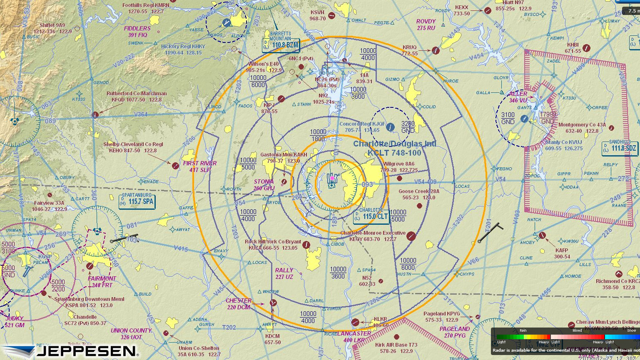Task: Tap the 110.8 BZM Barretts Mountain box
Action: coord(281,45)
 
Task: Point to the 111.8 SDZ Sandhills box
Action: coord(620,148)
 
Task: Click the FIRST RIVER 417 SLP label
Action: coord(200,166)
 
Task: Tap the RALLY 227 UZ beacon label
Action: coord(284,273)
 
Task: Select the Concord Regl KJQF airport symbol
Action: coord(390,127)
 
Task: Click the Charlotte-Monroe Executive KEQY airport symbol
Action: coord(411,236)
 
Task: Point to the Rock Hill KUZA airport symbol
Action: coord(307,245)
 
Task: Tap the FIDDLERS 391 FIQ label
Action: coord(137,32)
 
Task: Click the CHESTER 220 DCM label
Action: coord(239,304)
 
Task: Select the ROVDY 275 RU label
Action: coord(426,25)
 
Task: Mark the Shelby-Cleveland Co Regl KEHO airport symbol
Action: coord(175,166)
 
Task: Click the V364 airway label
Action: coord(141,114)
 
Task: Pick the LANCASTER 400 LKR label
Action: coord(354,337)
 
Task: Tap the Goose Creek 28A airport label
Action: coord(418,194)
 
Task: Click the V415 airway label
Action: coord(181,249)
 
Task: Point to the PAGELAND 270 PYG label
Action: coord(455,332)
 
